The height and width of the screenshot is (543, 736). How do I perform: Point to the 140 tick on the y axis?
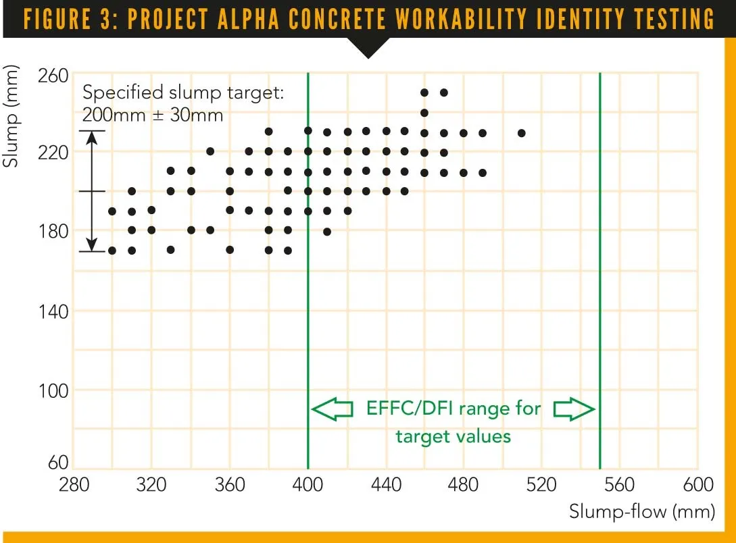(53, 311)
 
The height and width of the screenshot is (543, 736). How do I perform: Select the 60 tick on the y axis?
(59, 463)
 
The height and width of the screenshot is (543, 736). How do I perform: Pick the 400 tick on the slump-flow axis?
(308, 486)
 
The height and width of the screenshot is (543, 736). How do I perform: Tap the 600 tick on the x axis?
(698, 486)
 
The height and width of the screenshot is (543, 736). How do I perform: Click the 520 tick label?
(542, 486)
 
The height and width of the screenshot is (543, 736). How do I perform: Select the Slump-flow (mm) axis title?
(641, 511)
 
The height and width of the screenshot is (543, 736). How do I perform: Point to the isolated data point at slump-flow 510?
(522, 133)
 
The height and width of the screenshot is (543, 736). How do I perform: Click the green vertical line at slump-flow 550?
(600, 270)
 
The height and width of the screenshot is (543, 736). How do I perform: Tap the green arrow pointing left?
(333, 409)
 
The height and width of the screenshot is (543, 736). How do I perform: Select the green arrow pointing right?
(574, 409)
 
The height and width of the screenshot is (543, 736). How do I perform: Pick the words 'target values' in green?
(453, 436)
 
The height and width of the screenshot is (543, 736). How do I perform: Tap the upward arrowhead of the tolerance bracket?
(93, 136)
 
